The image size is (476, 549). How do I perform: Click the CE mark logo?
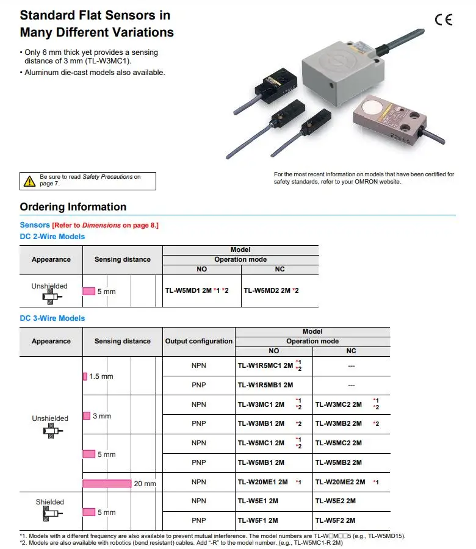[x=444, y=20]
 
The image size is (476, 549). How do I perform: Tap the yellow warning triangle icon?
[x=29, y=181]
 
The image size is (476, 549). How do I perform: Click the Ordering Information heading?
[x=73, y=207]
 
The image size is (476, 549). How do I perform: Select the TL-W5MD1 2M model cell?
[x=197, y=290]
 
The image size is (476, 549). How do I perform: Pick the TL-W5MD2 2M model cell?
[x=271, y=290]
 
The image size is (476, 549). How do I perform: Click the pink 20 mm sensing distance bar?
[x=107, y=483]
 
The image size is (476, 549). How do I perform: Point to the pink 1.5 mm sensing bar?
[x=85, y=376]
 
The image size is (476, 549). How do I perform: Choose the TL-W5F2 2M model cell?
[x=335, y=520]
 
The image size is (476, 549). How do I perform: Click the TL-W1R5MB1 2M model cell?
[x=265, y=385]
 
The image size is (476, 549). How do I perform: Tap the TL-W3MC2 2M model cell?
[x=339, y=404]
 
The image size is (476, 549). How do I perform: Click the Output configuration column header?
[x=198, y=341]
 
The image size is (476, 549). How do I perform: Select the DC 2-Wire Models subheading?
[x=52, y=237]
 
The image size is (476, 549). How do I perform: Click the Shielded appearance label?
[x=50, y=502]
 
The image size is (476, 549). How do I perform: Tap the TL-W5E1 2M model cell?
[x=258, y=501]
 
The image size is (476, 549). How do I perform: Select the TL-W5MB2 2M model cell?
[x=339, y=462]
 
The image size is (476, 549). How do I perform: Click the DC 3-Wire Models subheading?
[x=52, y=318]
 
